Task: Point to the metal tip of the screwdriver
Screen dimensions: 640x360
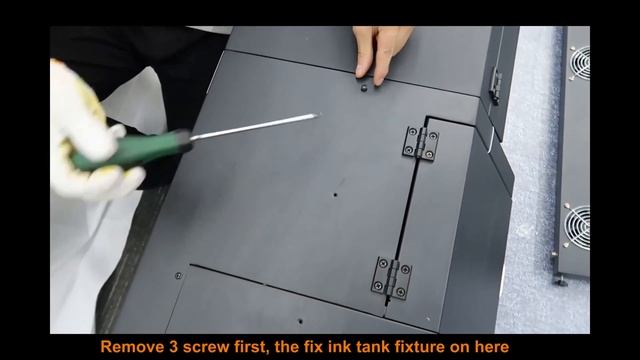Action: (316, 116)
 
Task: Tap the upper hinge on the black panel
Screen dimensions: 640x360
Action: (421, 143)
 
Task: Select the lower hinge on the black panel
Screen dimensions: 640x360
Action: (391, 278)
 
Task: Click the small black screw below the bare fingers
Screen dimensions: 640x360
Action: (364, 88)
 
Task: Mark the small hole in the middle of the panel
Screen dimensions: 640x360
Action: (335, 195)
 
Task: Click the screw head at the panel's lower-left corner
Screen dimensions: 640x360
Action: (178, 276)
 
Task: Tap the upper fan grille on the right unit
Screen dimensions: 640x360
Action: (580, 62)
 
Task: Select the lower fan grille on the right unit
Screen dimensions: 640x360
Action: (578, 227)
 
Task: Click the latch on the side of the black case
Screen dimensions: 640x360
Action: (496, 86)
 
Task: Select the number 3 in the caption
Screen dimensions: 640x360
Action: (173, 347)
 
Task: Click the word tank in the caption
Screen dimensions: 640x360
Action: (373, 347)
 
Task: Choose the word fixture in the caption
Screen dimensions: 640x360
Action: (420, 347)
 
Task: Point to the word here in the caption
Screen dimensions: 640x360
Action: (491, 347)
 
